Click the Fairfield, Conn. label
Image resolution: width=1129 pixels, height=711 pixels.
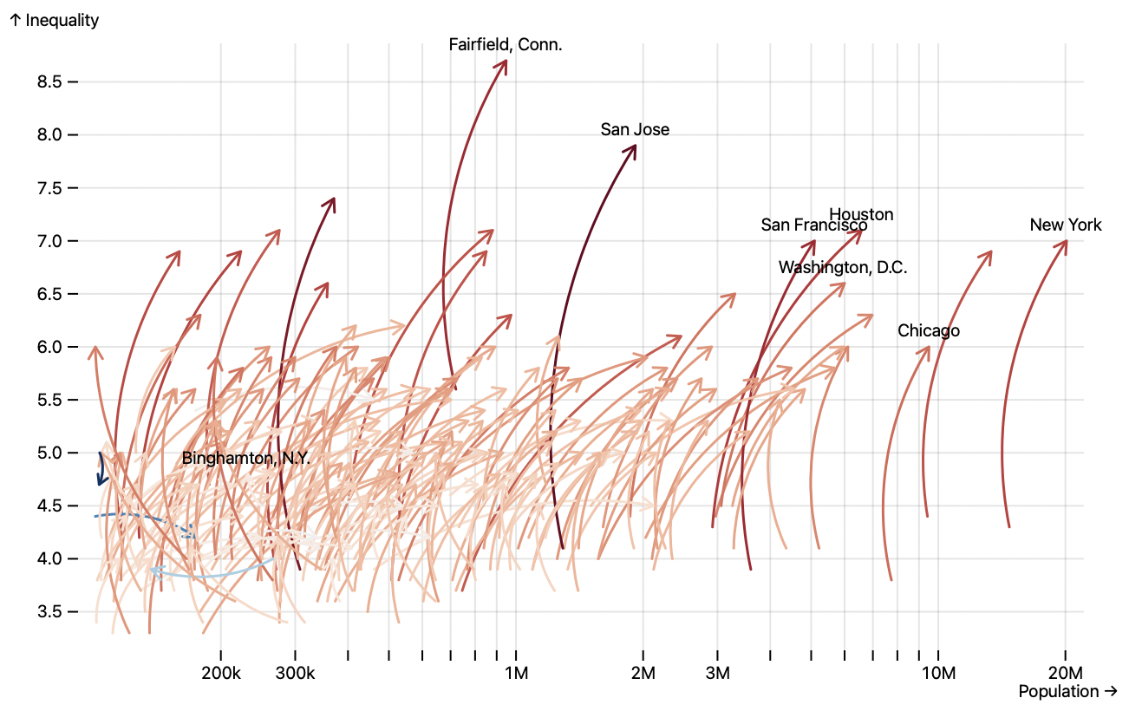(x=506, y=44)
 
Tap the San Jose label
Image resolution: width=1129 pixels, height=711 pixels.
(x=635, y=129)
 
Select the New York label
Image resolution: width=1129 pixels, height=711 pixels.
(x=1066, y=225)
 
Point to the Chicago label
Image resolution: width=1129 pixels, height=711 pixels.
(x=929, y=330)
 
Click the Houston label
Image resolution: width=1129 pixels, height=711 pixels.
(x=861, y=214)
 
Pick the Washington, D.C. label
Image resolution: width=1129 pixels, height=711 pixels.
(x=843, y=267)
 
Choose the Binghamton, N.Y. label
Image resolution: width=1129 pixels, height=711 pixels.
(x=245, y=458)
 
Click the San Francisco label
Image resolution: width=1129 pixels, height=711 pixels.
(x=814, y=225)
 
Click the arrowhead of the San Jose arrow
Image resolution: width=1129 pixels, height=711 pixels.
(x=634, y=147)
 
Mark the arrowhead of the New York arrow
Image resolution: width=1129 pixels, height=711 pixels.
(x=1065, y=243)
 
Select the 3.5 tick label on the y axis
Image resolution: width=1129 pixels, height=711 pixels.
(x=49, y=612)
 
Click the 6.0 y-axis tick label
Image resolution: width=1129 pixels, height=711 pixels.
(x=49, y=347)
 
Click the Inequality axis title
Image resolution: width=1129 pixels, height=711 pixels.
(x=55, y=20)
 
